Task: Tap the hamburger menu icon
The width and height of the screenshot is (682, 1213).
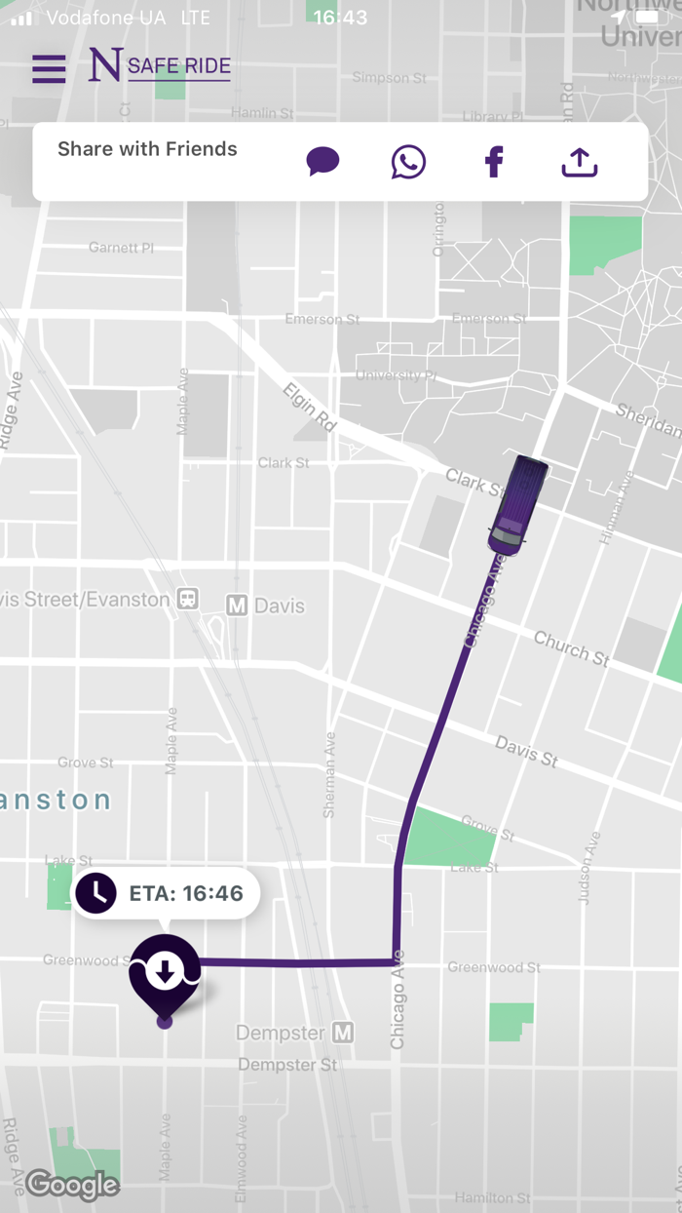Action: [x=49, y=68]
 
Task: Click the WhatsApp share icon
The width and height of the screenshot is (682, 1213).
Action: [x=408, y=162]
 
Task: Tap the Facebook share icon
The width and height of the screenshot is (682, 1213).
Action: [x=494, y=162]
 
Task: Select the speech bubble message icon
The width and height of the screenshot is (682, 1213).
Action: [x=322, y=161]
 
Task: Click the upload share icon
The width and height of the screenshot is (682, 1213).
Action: [x=580, y=162]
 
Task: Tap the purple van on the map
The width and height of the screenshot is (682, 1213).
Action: [x=517, y=504]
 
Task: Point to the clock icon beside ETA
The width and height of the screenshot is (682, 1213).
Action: [x=96, y=893]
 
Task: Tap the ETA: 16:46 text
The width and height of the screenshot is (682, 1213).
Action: [x=186, y=893]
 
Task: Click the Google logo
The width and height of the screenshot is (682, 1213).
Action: [x=73, y=1185]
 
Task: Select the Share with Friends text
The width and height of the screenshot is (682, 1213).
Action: [x=147, y=149]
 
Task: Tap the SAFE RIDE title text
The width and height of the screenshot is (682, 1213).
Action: [x=179, y=67]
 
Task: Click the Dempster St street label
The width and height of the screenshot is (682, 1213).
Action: [x=287, y=1065]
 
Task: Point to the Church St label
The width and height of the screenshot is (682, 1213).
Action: [x=572, y=649]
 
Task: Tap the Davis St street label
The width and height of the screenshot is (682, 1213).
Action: [x=526, y=751]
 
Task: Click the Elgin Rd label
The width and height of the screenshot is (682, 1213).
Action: [x=310, y=408]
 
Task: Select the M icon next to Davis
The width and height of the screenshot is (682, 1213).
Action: [x=236, y=606]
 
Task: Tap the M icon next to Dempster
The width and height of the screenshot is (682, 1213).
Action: [x=342, y=1032]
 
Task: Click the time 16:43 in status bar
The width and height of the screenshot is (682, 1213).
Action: [x=341, y=18]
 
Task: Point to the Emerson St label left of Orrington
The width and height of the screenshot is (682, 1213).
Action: [x=322, y=319]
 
